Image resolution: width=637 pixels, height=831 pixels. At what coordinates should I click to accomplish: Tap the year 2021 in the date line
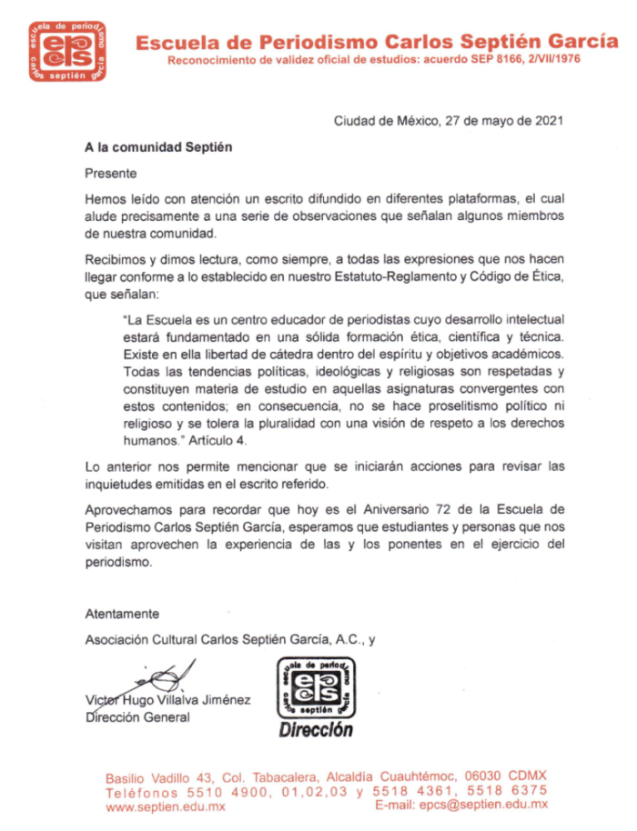[548, 119]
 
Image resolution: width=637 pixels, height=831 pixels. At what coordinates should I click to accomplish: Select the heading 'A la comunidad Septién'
[152, 145]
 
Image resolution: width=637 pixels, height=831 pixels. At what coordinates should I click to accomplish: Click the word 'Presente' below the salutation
[111, 172]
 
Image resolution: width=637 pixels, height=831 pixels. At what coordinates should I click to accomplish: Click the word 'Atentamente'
[122, 614]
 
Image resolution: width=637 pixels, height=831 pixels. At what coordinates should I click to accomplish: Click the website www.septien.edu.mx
[166, 806]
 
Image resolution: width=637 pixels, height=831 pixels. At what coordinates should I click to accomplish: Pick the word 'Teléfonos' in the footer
[144, 791]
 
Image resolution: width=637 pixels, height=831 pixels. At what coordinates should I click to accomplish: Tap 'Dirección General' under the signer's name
[136, 717]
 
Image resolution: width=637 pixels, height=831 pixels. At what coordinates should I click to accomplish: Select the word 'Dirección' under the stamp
[316, 729]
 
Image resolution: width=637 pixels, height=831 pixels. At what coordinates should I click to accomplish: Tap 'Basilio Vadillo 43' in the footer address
[159, 776]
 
